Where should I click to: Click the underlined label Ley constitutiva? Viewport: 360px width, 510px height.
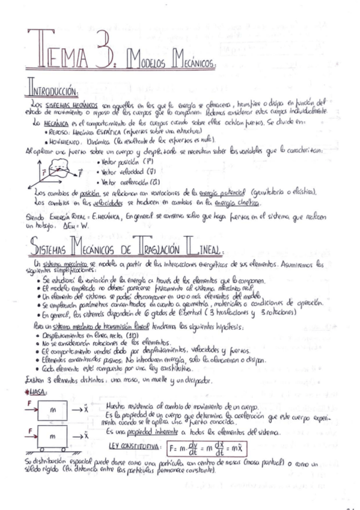[x=136, y=447]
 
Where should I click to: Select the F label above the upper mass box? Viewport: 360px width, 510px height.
[x=28, y=401]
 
